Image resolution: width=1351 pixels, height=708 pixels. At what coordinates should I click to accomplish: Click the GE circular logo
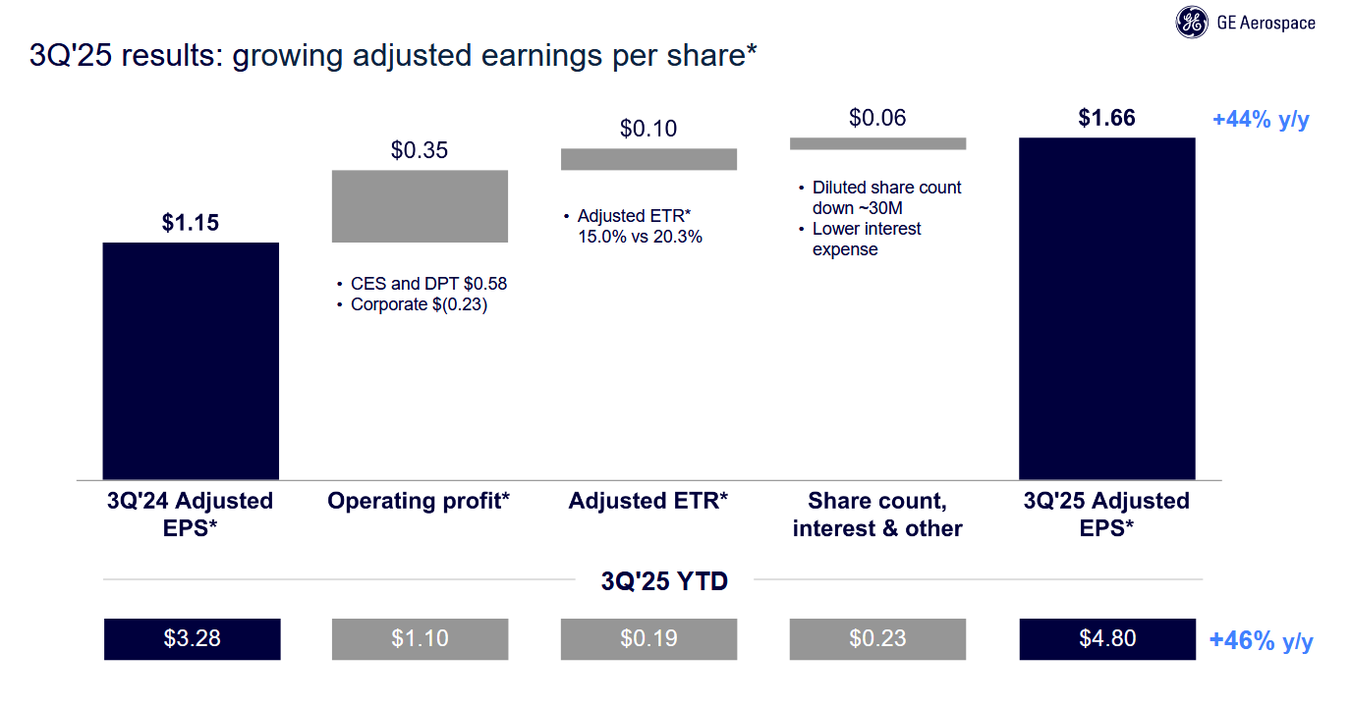pos(1193,23)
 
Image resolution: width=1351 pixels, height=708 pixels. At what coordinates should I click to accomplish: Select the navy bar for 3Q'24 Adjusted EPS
pos(191,360)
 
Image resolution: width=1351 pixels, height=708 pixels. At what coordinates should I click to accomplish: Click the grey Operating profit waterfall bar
pos(420,206)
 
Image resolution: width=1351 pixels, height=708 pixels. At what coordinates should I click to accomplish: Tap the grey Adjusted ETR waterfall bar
pos(648,159)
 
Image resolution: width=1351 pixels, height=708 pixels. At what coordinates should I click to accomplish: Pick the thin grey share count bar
pos(877,143)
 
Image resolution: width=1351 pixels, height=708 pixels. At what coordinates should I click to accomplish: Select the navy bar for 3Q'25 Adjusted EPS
pos(1106,308)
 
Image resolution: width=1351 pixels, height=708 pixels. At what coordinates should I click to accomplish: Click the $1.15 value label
pos(191,223)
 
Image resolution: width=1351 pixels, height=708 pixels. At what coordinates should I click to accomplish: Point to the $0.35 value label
pos(420,150)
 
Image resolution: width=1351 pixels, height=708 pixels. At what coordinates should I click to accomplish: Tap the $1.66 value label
pos(1106,119)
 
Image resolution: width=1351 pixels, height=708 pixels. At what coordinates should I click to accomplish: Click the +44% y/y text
pos(1261,121)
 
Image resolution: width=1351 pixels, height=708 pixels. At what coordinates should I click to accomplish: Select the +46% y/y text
pos(1261,642)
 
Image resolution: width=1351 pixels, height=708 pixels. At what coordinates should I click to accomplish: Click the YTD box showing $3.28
pos(193,638)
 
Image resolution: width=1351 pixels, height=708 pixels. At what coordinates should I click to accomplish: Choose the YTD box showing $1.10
pos(420,638)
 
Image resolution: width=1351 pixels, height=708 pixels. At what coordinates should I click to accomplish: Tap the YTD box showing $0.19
pos(648,638)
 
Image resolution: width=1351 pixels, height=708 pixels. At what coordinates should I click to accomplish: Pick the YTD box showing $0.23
pos(877,638)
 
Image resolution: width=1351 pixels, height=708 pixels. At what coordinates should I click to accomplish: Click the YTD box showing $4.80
pos(1107,638)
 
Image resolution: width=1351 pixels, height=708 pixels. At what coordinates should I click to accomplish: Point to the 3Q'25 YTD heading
pos(664,581)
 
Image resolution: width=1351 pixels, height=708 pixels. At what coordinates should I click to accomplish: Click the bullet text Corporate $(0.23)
pos(420,305)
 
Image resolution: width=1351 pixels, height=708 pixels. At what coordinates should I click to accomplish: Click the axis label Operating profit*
pos(419,502)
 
